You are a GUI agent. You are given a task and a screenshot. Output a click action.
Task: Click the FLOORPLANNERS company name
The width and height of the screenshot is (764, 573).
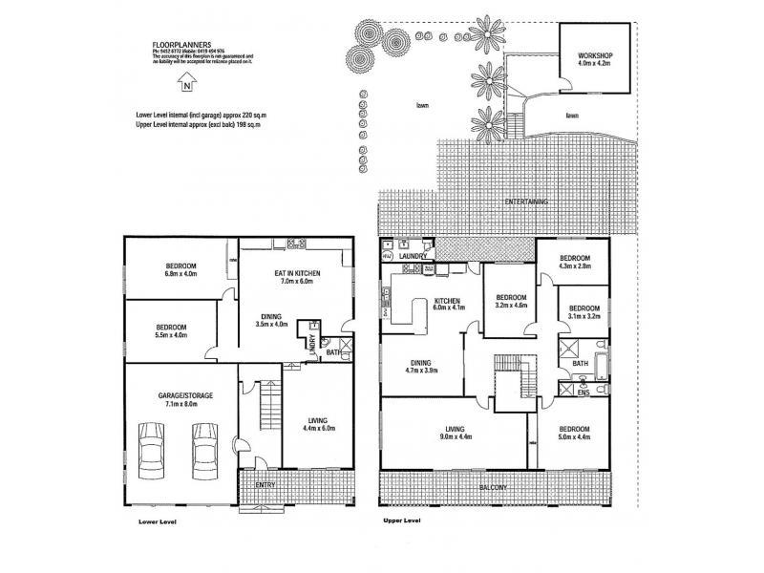(182, 45)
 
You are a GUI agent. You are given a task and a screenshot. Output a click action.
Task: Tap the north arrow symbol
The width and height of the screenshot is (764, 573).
(187, 84)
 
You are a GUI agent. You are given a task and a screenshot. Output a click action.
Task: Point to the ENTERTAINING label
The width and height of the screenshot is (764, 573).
(526, 202)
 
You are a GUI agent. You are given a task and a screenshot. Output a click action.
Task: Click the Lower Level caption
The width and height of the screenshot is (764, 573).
(158, 522)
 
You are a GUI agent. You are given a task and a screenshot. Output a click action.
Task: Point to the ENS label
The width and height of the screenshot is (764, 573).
(583, 392)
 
